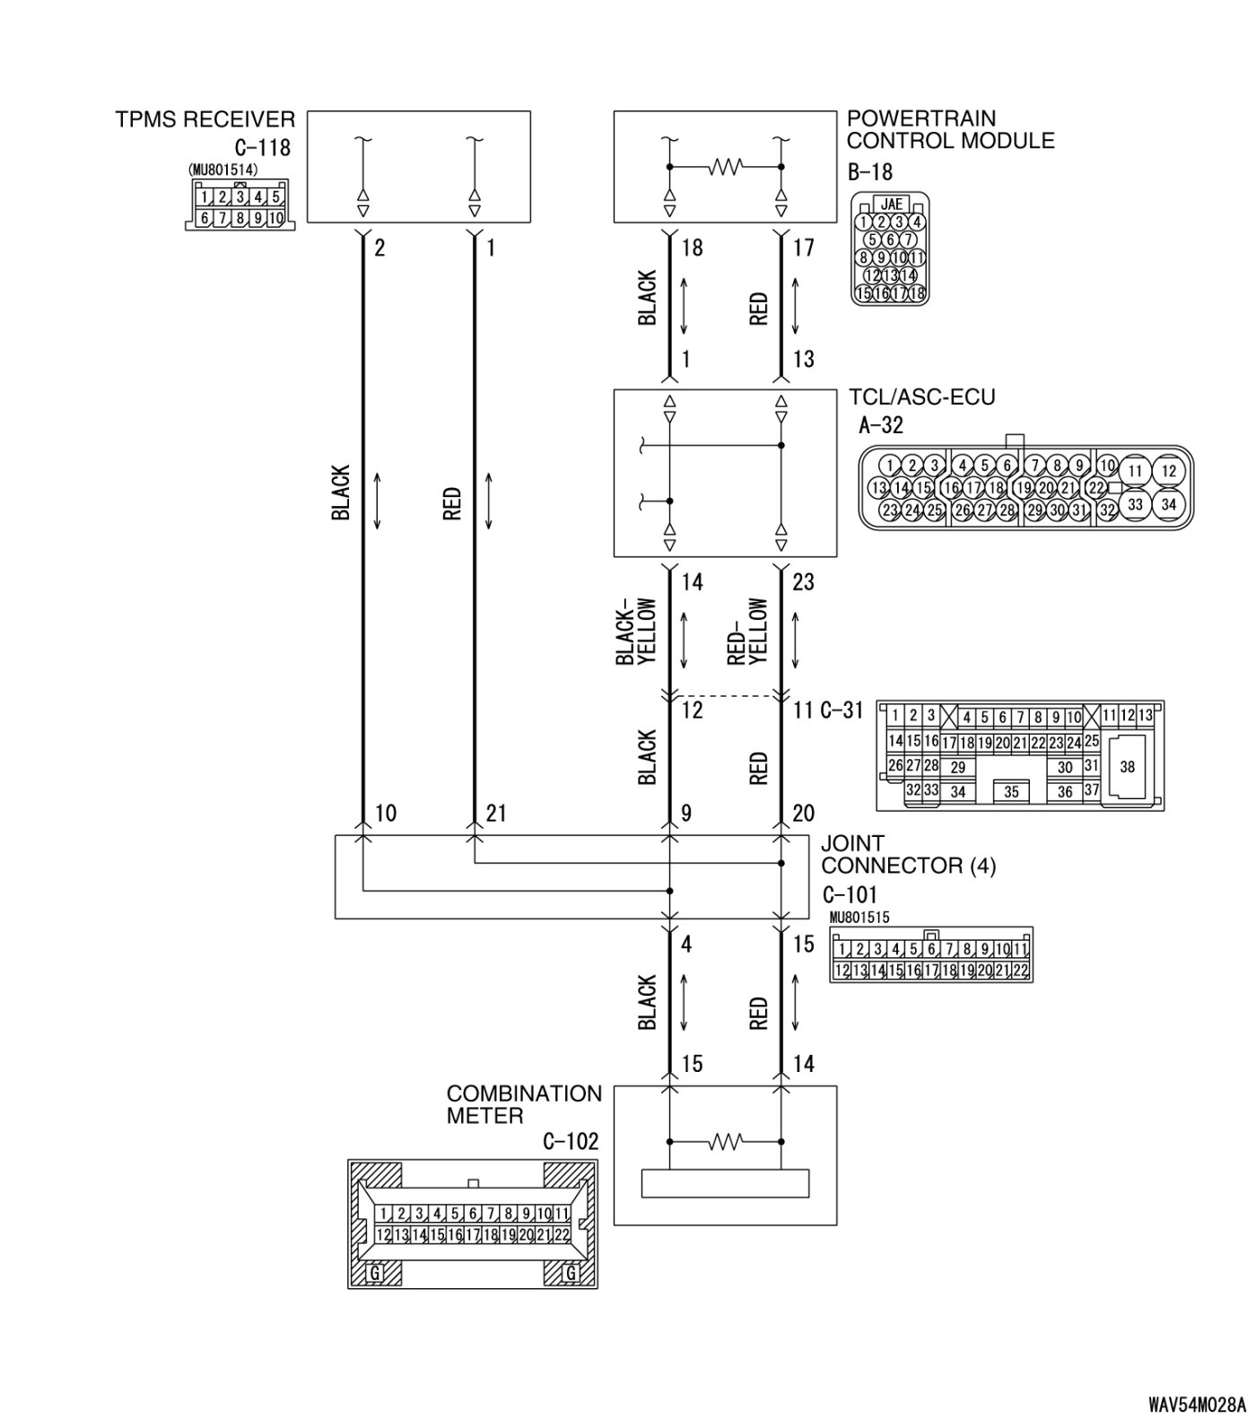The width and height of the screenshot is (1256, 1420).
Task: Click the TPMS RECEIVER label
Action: pos(205,119)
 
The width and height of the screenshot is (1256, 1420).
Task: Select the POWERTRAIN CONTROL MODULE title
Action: pos(950,130)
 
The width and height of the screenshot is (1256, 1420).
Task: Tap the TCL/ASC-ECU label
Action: pos(922,396)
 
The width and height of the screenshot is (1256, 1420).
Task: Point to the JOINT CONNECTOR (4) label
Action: pos(908,855)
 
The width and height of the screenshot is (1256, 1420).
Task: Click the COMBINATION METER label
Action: pos(524,1105)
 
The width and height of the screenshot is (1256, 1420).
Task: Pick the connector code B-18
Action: pos(869,171)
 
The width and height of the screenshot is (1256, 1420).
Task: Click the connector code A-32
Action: pos(881,424)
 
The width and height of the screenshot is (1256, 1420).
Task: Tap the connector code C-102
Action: pos(570,1142)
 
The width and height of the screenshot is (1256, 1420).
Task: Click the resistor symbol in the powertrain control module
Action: pos(725,168)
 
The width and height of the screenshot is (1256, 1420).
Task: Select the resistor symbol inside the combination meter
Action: pos(725,1142)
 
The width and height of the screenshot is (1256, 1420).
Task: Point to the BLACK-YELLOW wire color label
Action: pos(637,632)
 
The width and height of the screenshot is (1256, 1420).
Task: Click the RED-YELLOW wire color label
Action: pos(748,632)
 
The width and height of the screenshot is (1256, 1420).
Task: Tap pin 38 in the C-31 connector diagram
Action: pos(1127,767)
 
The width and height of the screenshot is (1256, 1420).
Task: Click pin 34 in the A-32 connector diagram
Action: pos(1168,504)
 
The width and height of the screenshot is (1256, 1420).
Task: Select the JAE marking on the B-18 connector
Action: pos(891,205)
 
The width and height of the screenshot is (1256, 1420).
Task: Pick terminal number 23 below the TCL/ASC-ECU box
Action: pos(803,582)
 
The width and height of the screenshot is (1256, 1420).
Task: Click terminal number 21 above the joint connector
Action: pos(496,814)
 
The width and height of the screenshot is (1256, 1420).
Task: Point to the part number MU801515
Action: pos(859,918)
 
